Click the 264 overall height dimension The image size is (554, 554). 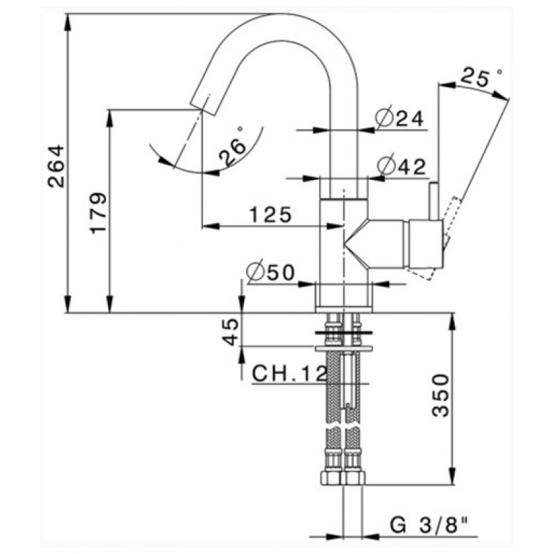(x=56, y=166)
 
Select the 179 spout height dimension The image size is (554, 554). (x=98, y=212)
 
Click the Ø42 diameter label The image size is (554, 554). (x=401, y=166)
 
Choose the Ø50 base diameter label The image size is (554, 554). (x=271, y=272)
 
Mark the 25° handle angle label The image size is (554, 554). (x=482, y=78)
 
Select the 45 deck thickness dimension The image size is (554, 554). (x=231, y=330)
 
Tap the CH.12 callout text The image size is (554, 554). (x=289, y=375)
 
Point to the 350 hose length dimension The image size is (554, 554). (x=440, y=396)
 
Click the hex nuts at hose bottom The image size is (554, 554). (x=342, y=478)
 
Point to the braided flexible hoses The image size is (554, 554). (x=343, y=415)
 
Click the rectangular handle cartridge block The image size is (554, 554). (x=425, y=243)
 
